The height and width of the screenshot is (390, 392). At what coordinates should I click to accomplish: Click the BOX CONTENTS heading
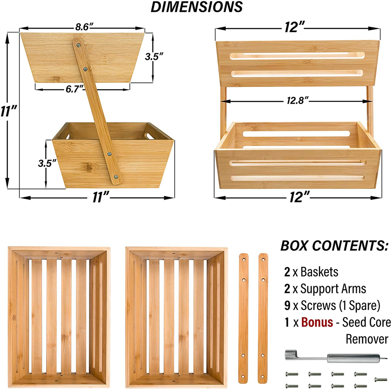pyautogui.click(x=334, y=246)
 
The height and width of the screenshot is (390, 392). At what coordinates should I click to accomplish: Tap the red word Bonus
pyautogui.click(x=317, y=322)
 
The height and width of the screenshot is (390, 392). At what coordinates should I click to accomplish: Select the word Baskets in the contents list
pyautogui.click(x=319, y=271)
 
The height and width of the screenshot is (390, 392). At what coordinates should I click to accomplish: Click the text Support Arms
pyautogui.click(x=333, y=289)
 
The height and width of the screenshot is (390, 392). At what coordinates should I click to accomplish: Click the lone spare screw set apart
pyautogui.click(x=380, y=379)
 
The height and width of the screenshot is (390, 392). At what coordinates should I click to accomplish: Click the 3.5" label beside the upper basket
pyautogui.click(x=154, y=57)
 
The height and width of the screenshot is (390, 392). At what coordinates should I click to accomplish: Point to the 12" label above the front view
pyautogui.click(x=296, y=27)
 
